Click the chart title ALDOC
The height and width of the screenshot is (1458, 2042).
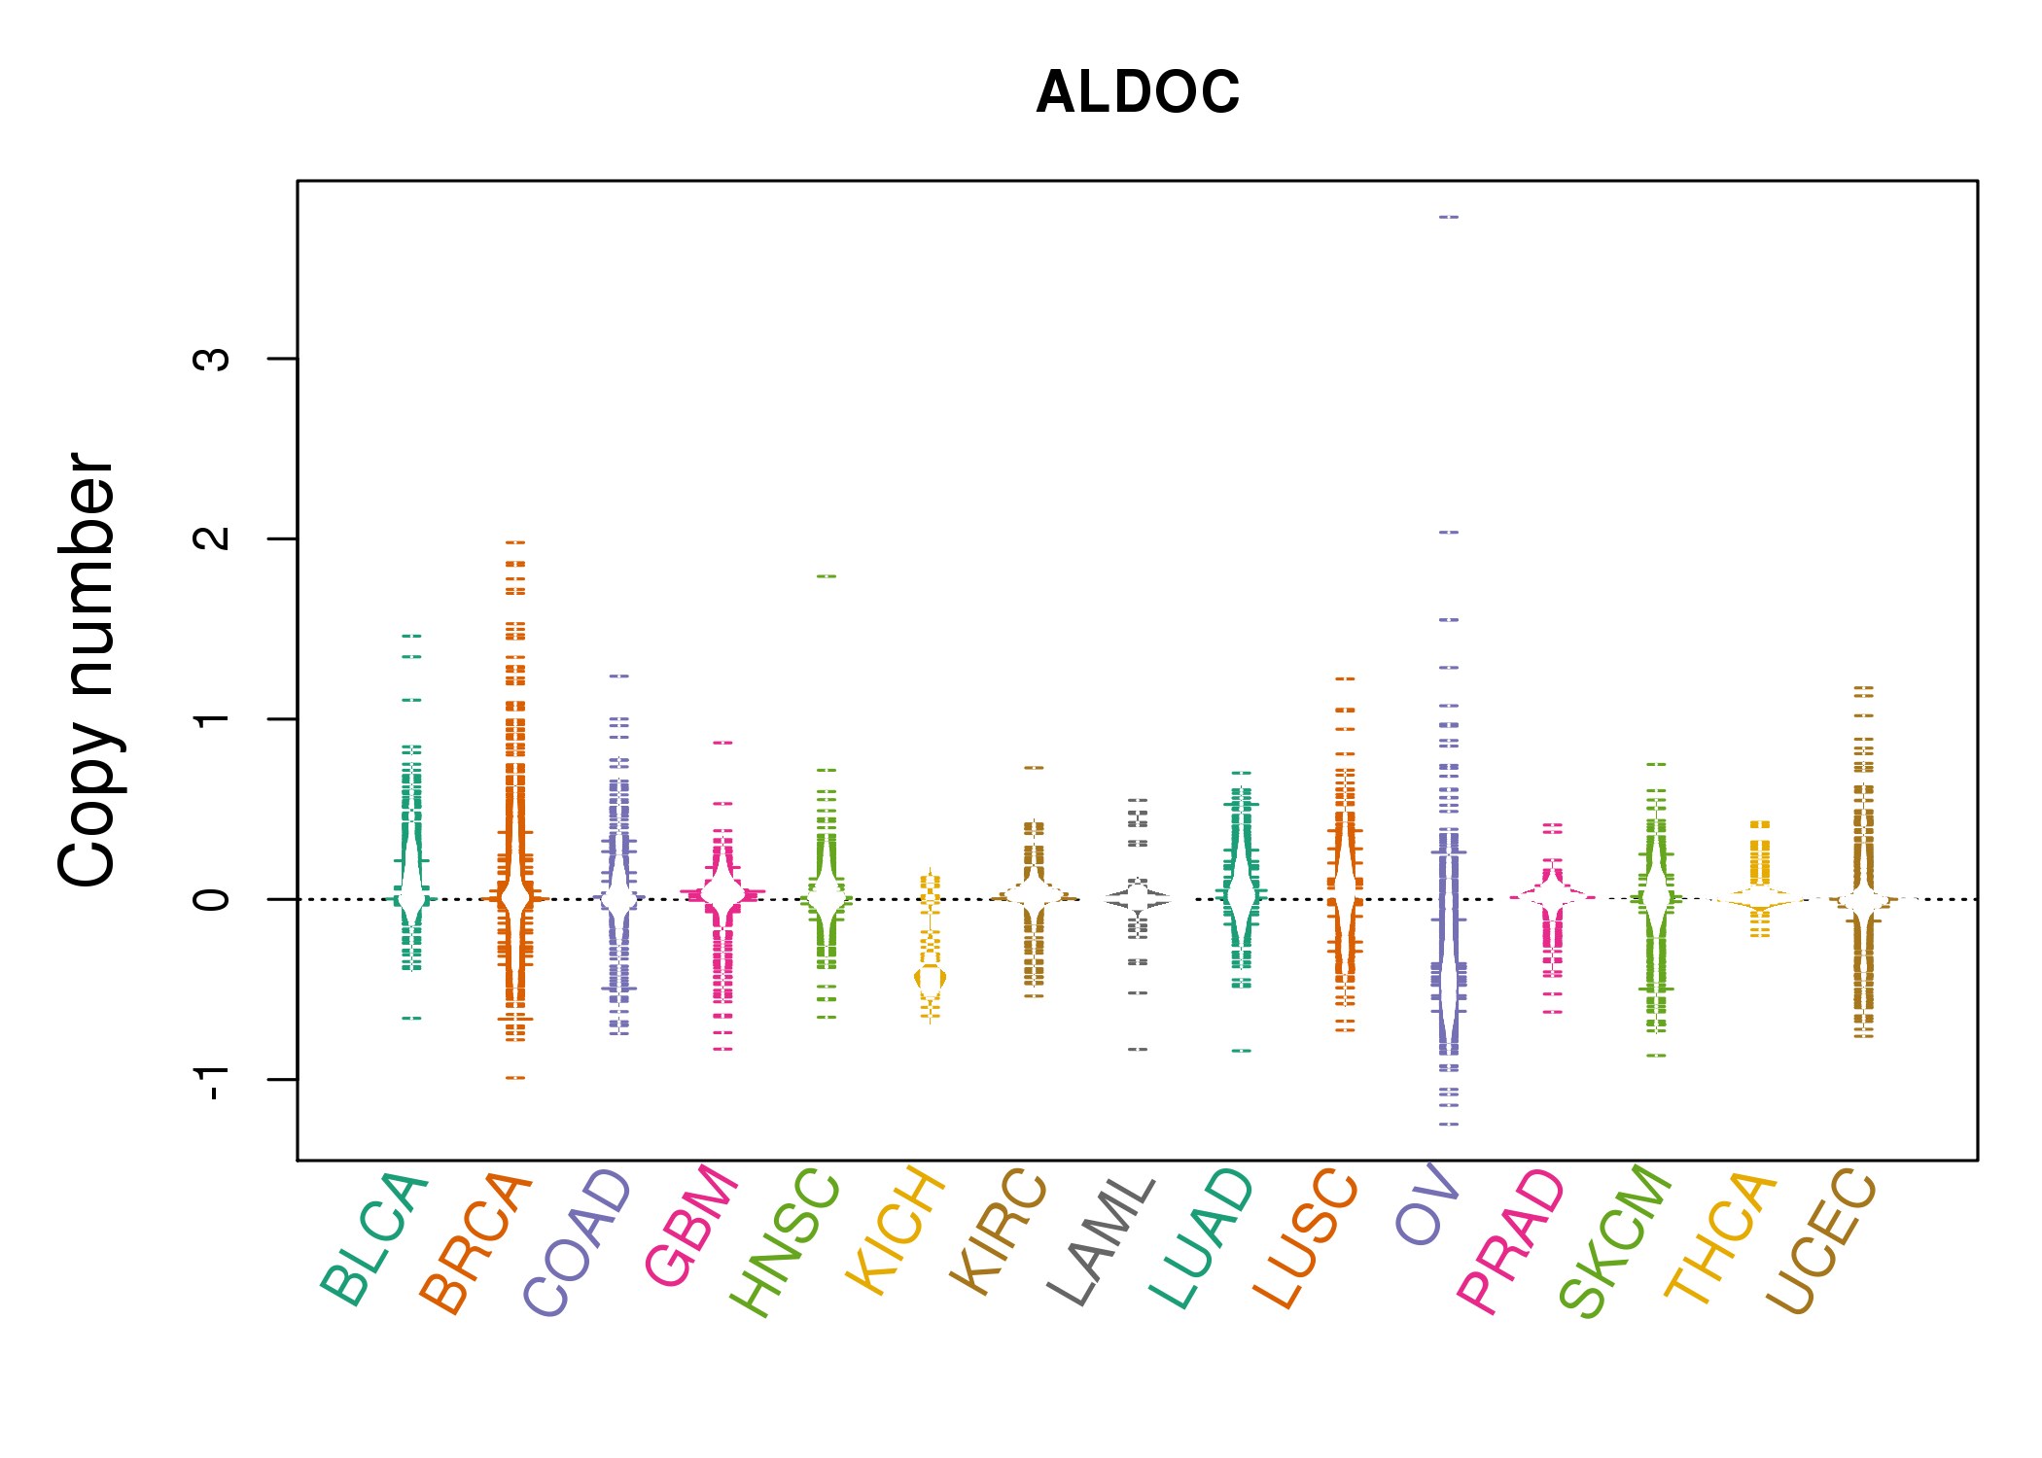coord(1138,92)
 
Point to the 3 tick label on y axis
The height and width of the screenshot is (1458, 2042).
coord(212,359)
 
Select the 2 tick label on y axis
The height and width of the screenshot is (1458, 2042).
coord(212,538)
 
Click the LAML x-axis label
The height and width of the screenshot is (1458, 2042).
coord(1102,1240)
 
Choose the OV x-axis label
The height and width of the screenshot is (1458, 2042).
coord(1426,1204)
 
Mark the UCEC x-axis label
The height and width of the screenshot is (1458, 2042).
coord(1820,1241)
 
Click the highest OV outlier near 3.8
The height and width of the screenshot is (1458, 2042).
coord(1449,217)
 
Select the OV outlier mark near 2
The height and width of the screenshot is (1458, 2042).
coord(1449,533)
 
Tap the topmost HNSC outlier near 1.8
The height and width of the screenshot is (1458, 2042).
coord(827,576)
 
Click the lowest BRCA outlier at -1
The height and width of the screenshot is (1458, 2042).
coord(515,1077)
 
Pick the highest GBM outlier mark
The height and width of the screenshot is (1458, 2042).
coord(722,743)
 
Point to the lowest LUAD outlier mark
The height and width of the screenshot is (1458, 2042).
coord(1242,1051)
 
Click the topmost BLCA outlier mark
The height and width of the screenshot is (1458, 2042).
coord(412,636)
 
